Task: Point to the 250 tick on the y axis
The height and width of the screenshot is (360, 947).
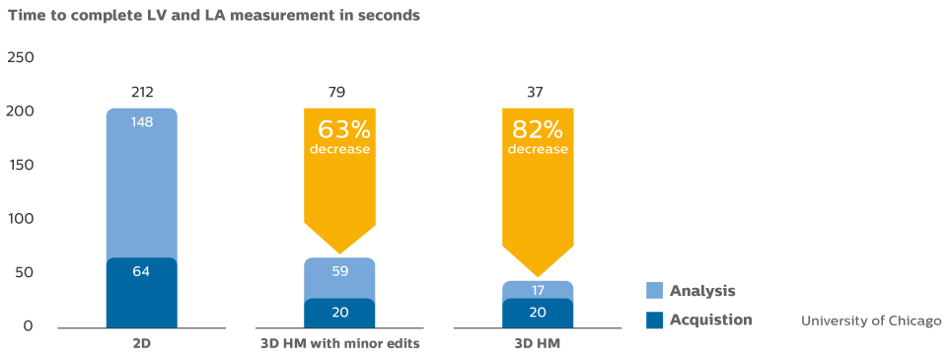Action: tap(20, 58)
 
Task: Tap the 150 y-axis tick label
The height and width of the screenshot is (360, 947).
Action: tap(20, 165)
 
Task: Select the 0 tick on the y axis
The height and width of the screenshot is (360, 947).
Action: tap(28, 326)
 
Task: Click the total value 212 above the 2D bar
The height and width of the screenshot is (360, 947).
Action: tap(142, 94)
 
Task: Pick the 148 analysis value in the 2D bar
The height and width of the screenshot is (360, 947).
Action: tap(142, 122)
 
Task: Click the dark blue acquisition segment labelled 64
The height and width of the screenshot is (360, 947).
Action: tap(142, 292)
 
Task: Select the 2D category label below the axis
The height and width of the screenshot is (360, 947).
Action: tap(142, 344)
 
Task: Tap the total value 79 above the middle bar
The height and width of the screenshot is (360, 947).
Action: tap(340, 94)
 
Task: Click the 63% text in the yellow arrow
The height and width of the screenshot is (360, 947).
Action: tap(341, 129)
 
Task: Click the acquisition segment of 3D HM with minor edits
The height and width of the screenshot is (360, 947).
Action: tap(340, 313)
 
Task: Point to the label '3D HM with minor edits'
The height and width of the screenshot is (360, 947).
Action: tap(340, 344)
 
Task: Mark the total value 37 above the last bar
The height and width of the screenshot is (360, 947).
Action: tap(538, 94)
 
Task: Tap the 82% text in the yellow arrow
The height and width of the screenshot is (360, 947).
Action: tap(538, 129)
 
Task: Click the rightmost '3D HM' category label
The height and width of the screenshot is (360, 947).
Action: tap(538, 344)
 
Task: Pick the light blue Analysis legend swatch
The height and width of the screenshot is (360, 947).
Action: tap(654, 291)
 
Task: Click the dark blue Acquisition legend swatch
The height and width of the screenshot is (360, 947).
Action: tap(654, 320)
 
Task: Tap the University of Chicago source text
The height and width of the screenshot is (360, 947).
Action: tap(871, 322)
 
